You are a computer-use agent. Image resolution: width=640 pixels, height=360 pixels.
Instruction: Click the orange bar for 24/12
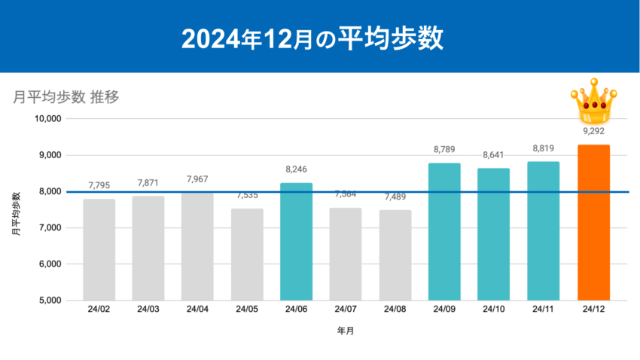point(593,222)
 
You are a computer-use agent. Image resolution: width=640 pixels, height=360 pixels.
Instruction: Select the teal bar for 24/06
point(296,241)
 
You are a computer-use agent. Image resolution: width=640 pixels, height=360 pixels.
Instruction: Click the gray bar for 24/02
point(99,249)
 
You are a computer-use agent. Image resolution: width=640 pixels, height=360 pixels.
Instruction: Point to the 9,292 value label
point(593,131)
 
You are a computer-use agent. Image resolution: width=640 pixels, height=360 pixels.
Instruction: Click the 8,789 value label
point(444,149)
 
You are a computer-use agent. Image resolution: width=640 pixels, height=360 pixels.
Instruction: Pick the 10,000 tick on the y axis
point(46,119)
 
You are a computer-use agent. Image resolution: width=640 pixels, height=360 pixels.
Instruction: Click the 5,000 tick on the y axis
point(48,301)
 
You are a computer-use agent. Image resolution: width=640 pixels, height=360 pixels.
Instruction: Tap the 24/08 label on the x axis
point(395,310)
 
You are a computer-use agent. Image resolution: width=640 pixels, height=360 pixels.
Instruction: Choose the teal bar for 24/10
point(494,234)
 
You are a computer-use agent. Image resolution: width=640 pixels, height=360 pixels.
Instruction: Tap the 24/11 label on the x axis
point(544,310)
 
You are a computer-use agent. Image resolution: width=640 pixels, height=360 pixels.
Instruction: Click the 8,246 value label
point(296,169)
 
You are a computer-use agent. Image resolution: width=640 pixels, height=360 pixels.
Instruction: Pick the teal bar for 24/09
point(444,231)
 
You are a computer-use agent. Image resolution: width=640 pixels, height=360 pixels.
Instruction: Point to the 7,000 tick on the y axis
point(48,228)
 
